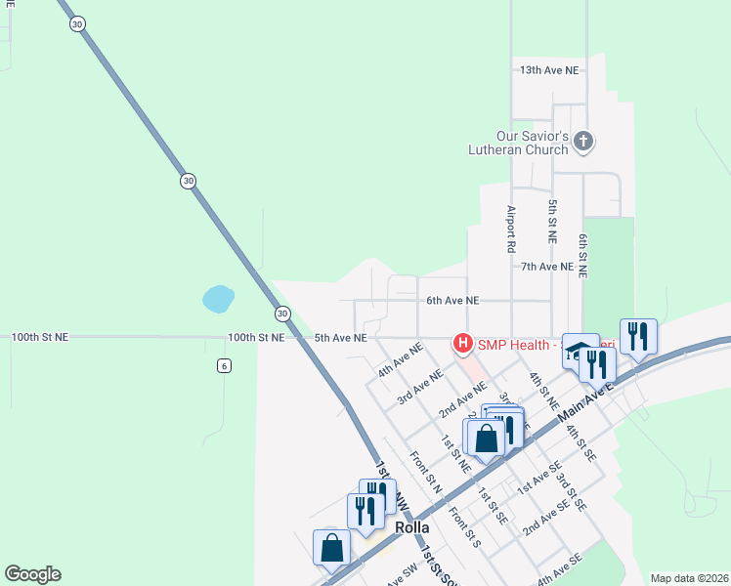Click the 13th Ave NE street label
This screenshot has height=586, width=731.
tap(549, 70)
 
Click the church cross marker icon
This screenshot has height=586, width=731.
tap(582, 143)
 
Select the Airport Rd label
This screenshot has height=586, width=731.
tap(510, 230)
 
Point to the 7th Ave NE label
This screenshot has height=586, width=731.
tap(546, 267)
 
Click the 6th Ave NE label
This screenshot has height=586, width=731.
tap(452, 302)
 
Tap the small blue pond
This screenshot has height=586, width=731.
tap(218, 299)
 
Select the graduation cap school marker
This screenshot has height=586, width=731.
tap(580, 352)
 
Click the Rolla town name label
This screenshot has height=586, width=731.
tap(412, 527)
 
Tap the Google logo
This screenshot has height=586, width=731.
tap(32, 574)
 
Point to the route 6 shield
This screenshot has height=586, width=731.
tap(224, 364)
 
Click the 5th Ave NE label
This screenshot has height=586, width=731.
tap(340, 338)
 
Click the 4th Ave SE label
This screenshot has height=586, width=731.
tap(559, 565)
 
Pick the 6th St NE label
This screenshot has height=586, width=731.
tap(583, 257)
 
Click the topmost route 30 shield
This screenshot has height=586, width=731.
tap(76, 24)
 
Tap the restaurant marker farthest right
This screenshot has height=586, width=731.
tap(638, 337)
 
